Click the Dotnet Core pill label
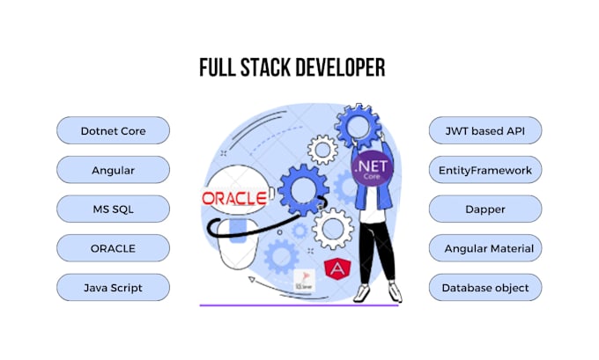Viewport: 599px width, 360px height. point(113,130)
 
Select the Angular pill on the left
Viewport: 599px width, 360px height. point(113,170)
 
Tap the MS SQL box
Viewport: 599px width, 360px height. point(113,209)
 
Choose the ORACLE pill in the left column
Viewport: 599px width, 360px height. point(113,248)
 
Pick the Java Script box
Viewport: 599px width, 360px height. point(113,287)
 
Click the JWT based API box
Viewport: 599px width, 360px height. point(485,130)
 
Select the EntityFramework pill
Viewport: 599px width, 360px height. point(485,170)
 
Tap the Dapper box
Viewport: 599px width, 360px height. point(485,209)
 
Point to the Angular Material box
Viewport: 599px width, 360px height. point(485,248)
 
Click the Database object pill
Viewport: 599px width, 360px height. point(485,287)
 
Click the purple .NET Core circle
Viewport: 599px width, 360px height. point(371,167)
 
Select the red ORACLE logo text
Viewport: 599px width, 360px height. point(234,198)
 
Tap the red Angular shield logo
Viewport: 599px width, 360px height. point(335,270)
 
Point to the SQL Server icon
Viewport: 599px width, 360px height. point(304,283)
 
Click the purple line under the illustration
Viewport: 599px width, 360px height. point(299,305)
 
